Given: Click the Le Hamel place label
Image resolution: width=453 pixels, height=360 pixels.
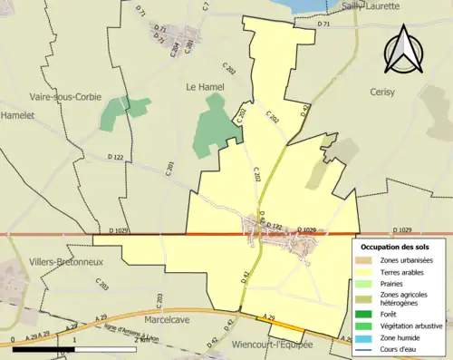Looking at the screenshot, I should (x=204, y=87).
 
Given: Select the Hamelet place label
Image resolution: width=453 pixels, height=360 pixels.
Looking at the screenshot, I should (x=15, y=115).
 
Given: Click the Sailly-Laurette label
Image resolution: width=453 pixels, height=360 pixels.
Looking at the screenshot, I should (x=350, y=5).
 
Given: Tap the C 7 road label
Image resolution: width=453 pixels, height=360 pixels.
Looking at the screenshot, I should (x=206, y=6).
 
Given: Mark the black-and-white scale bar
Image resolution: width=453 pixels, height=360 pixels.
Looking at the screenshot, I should (x=72, y=348).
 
